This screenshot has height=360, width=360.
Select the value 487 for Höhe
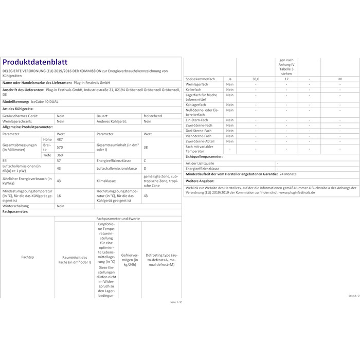59,139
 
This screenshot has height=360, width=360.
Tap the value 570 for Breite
59,147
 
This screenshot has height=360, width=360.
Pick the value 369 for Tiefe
60,154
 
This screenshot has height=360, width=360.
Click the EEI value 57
59,161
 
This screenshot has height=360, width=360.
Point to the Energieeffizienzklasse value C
145,161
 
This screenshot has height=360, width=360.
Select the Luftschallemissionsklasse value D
145,168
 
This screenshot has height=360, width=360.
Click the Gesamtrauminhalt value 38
145,147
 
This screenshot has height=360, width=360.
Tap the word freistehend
153,116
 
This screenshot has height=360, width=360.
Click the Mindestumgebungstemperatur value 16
59,196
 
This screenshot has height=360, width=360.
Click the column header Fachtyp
28,257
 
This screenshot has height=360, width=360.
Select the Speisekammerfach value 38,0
256,78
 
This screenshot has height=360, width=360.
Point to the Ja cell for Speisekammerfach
229,78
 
